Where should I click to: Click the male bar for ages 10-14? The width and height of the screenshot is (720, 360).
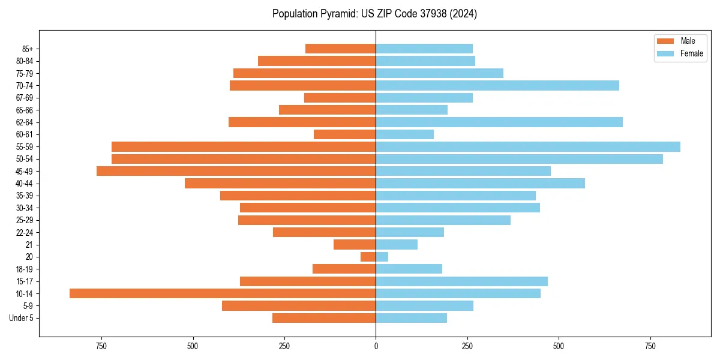pyautogui.click(x=223, y=293)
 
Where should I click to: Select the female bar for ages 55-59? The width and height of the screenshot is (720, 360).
pyautogui.click(x=528, y=146)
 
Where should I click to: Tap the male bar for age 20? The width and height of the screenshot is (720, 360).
pyautogui.click(x=368, y=257)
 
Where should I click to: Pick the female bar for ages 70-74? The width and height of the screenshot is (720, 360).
pyautogui.click(x=497, y=86)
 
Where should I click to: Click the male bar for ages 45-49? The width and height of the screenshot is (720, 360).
pyautogui.click(x=236, y=171)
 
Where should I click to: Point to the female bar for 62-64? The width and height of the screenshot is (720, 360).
pyautogui.click(x=499, y=122)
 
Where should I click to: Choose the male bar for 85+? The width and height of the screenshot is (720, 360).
pyautogui.click(x=341, y=49)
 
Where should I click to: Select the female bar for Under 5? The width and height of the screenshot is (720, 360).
pyautogui.click(x=412, y=318)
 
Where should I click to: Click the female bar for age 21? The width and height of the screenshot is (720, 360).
pyautogui.click(x=397, y=244)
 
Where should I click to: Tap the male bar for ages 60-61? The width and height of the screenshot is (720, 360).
pyautogui.click(x=345, y=134)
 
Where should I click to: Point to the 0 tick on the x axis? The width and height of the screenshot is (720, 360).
pyautogui.click(x=376, y=346)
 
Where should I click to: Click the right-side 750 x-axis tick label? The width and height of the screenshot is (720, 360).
pyautogui.click(x=650, y=346)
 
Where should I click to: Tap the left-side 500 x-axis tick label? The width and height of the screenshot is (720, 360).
pyautogui.click(x=193, y=346)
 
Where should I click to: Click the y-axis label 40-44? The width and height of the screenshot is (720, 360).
pyautogui.click(x=25, y=184)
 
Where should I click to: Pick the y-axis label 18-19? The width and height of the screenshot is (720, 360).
pyautogui.click(x=25, y=269)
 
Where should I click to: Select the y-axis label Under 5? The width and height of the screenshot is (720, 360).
pyautogui.click(x=22, y=318)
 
